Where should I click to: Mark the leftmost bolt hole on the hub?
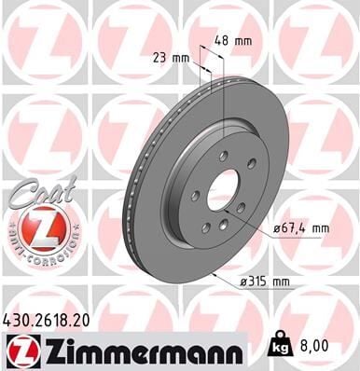click(x=196, y=196)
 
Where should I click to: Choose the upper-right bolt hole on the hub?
click(x=245, y=173)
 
